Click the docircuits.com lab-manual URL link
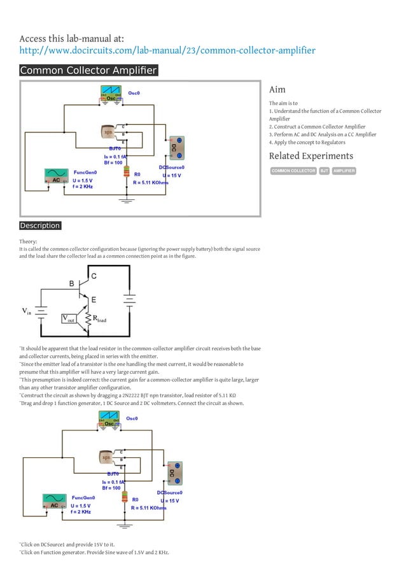tap(167, 50)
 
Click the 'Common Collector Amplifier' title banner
tap(88, 71)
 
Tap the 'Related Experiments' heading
tap(311, 156)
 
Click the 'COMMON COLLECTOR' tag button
tap(293, 171)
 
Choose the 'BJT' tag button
tap(324, 171)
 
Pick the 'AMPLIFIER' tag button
tap(344, 171)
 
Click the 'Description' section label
tap(39, 225)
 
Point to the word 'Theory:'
tap(28, 241)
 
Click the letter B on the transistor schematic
tap(72, 283)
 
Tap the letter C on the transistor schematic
tap(94, 276)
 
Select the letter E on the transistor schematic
tap(94, 299)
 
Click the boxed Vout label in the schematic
tap(68, 318)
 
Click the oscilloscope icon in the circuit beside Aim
tap(112, 95)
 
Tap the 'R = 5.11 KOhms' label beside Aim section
tap(150, 182)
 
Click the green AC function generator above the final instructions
tap(54, 502)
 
